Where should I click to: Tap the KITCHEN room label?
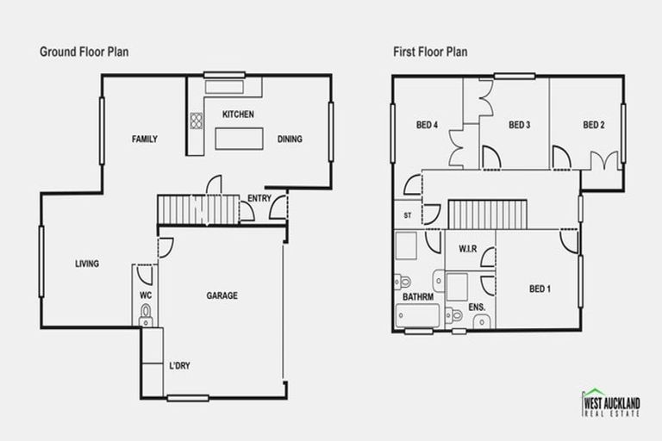[237, 115]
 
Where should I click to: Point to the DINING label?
[290, 139]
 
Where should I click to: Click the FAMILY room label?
[144, 139]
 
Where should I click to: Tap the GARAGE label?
[222, 295]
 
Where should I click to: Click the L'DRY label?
[179, 366]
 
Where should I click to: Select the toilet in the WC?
[146, 312]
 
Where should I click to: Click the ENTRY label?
[259, 198]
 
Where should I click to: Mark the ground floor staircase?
[197, 208]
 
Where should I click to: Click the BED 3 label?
[519, 125]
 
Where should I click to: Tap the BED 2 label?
[593, 125]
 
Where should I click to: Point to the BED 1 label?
[540, 289]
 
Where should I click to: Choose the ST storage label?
[407, 216]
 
